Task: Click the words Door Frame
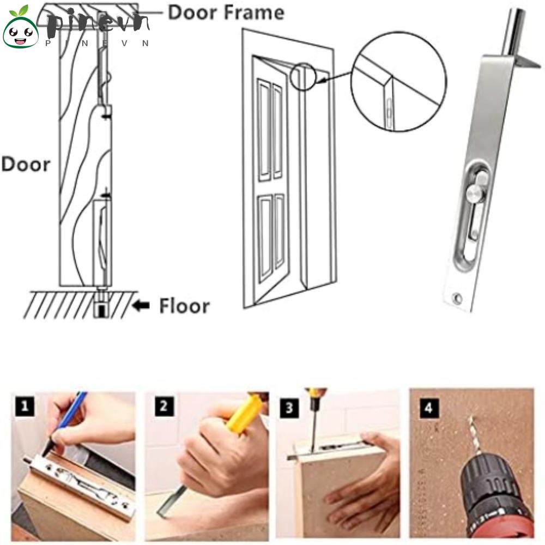226,13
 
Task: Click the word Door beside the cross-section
26,164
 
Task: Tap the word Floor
184,306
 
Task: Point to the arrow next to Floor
142,306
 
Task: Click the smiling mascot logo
20,28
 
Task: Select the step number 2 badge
164,406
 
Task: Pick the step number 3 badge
289,407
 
